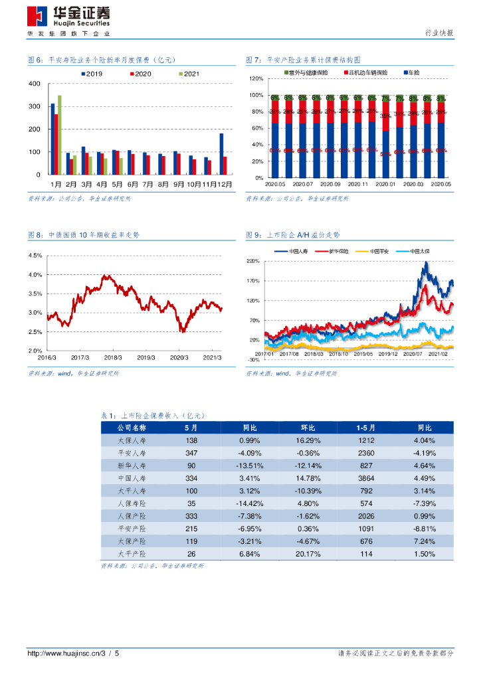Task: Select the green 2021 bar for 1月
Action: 60,135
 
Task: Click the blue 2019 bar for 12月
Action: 221,153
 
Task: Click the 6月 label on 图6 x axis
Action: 133,183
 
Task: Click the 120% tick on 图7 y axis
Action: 256,79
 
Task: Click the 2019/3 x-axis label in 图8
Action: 145,357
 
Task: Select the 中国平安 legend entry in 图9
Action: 379,252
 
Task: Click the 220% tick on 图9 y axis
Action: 253,262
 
